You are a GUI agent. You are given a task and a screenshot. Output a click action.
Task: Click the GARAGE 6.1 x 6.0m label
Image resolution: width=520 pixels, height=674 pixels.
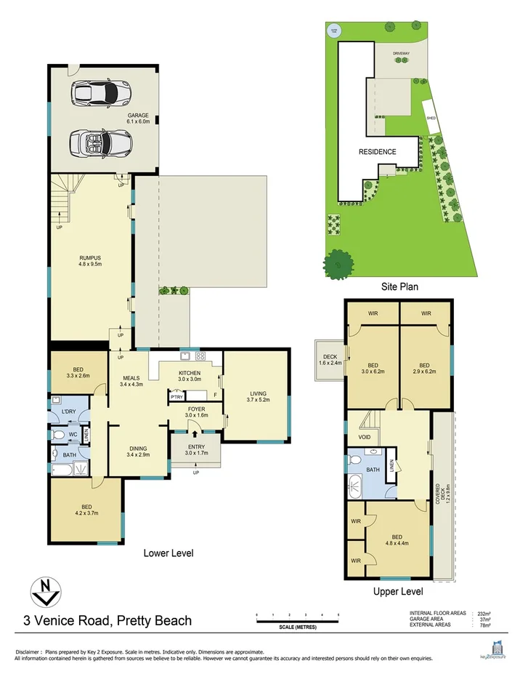(137, 119)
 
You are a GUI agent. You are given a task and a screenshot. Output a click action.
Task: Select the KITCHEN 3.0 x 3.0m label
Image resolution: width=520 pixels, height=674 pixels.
(190, 375)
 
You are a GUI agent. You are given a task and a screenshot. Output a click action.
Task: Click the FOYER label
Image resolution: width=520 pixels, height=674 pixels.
(196, 412)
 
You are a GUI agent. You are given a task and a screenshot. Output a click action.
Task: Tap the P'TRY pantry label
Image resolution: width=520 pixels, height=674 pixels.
(176, 397)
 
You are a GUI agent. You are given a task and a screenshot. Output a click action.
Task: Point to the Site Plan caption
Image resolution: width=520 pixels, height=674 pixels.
(399, 286)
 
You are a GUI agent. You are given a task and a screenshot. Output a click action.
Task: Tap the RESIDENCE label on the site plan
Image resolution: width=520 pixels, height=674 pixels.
(378, 152)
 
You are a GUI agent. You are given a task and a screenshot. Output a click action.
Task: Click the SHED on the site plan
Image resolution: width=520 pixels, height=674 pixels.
(431, 116)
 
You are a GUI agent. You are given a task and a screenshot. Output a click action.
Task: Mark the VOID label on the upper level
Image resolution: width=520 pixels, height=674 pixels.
(365, 437)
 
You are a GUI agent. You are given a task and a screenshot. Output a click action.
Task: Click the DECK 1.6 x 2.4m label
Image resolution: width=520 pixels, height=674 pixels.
(329, 359)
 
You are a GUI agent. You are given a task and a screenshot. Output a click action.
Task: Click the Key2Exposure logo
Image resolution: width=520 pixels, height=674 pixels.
(497, 649)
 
